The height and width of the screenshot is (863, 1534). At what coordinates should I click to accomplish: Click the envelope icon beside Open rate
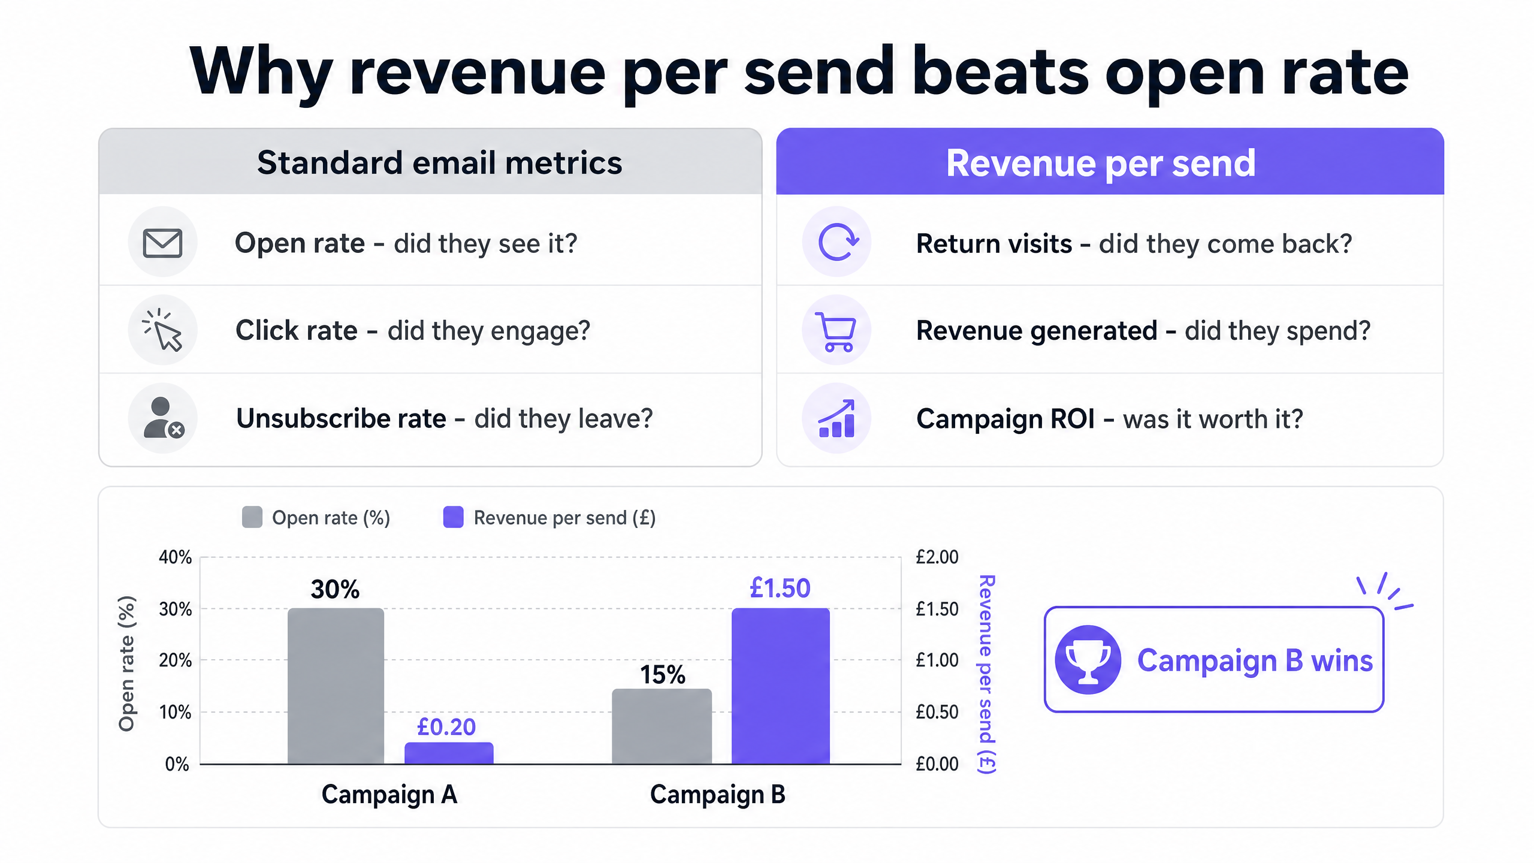tap(162, 243)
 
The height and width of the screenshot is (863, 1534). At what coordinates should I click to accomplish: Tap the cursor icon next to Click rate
tap(162, 330)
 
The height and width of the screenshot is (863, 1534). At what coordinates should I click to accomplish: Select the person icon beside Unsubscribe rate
tap(164, 418)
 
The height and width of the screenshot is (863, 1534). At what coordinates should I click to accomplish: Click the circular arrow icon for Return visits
tap(838, 242)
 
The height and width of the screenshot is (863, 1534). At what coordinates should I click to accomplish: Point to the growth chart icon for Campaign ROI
tap(837, 418)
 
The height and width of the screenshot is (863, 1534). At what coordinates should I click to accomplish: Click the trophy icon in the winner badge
tap(1088, 659)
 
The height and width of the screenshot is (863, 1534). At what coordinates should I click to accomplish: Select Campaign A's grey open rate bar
tap(336, 686)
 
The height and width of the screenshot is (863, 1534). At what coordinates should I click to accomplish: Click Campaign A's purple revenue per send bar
tap(449, 753)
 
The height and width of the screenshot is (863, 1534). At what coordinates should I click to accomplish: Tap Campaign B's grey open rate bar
tap(662, 726)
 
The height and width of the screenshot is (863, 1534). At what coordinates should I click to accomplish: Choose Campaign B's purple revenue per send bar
tap(781, 686)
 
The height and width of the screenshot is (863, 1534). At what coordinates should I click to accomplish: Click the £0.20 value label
tap(446, 727)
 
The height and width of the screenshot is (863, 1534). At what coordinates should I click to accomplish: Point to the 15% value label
tap(663, 675)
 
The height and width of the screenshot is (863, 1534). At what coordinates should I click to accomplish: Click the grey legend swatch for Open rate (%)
tap(252, 517)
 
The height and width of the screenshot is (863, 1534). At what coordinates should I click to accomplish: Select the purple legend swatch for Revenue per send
tap(453, 517)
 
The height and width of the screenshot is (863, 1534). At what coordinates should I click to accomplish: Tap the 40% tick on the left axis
tap(175, 557)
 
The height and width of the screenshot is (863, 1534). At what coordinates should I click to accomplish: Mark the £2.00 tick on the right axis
tap(937, 557)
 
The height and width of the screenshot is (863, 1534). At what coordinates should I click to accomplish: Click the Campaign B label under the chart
tap(718, 794)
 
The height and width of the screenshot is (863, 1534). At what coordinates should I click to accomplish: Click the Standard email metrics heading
tap(440, 162)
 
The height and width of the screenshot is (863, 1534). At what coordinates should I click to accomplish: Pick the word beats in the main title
tap(1000, 71)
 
